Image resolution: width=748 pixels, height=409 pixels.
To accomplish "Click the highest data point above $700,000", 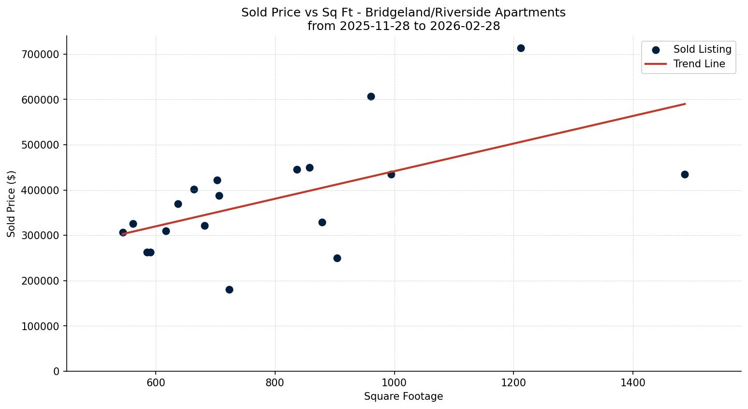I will point(521,48).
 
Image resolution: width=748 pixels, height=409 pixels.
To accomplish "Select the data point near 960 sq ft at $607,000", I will point(371,96).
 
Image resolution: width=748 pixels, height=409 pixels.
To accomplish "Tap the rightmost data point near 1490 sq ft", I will point(685,174).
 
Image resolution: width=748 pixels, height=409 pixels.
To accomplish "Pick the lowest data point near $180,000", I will point(229,289).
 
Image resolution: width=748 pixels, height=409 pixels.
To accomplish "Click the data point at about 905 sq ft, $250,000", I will point(337,258).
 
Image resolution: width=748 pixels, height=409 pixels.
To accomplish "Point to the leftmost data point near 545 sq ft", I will point(123,232).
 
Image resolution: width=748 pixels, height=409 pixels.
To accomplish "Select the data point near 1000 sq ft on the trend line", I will point(391,174).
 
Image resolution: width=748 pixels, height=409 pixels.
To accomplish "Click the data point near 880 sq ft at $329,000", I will point(322,222).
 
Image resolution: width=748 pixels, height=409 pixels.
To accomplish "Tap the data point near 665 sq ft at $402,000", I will point(194,189).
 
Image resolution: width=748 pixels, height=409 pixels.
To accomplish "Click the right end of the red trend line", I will point(685,104).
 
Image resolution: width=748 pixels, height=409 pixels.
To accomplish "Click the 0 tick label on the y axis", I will point(57,371).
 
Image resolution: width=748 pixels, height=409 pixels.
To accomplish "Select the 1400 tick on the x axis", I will point(633,383).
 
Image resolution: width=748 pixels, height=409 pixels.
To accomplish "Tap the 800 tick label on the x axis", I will point(275,383).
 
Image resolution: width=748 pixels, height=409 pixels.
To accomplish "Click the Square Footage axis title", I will point(403,396).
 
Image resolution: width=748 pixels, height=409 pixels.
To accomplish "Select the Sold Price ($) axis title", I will point(11,203).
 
